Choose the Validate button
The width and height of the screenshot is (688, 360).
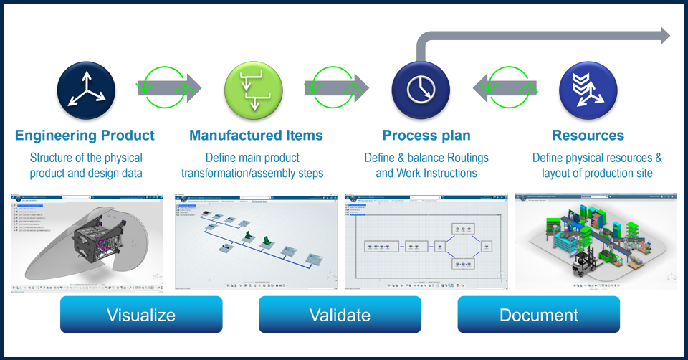[340, 315]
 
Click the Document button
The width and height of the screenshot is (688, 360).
[539, 315]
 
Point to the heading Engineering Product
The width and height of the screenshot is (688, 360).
[85, 135]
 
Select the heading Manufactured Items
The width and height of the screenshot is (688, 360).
[256, 135]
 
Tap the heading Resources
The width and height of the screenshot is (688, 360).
[588, 135]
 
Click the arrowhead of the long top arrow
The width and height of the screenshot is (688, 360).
[662, 36]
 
